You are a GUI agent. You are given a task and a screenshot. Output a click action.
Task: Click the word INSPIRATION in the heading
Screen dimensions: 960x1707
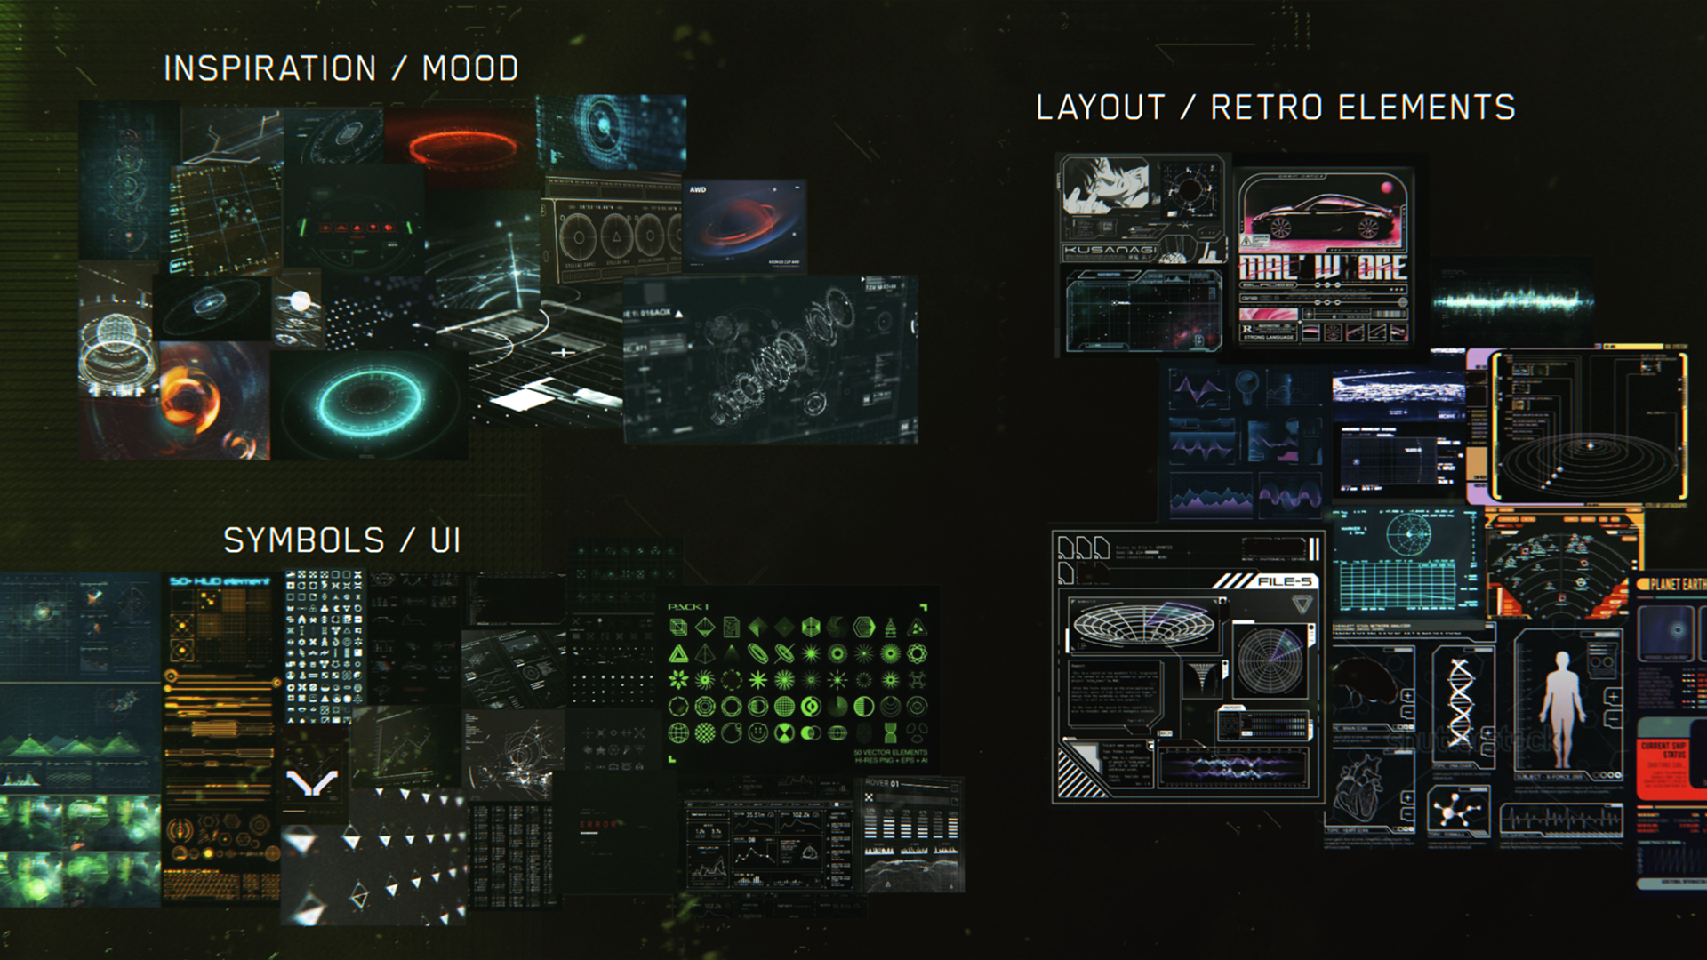click(269, 68)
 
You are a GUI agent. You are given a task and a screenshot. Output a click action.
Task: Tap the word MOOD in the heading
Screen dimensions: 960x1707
click(470, 68)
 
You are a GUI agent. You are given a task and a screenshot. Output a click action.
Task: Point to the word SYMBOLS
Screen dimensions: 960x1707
click(303, 540)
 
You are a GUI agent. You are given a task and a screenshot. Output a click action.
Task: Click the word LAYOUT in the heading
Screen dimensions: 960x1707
click(1100, 108)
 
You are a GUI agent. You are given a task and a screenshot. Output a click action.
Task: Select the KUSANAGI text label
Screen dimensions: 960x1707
click(1110, 251)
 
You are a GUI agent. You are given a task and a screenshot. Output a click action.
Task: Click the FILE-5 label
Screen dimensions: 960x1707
click(1284, 581)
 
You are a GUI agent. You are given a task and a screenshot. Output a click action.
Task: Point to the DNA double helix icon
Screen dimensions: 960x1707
click(1461, 702)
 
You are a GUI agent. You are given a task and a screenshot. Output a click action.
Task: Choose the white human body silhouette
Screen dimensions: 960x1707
click(1562, 707)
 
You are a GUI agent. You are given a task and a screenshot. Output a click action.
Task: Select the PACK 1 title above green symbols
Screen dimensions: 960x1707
click(688, 607)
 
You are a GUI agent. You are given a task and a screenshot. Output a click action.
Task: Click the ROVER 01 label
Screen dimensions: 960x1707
click(882, 783)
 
